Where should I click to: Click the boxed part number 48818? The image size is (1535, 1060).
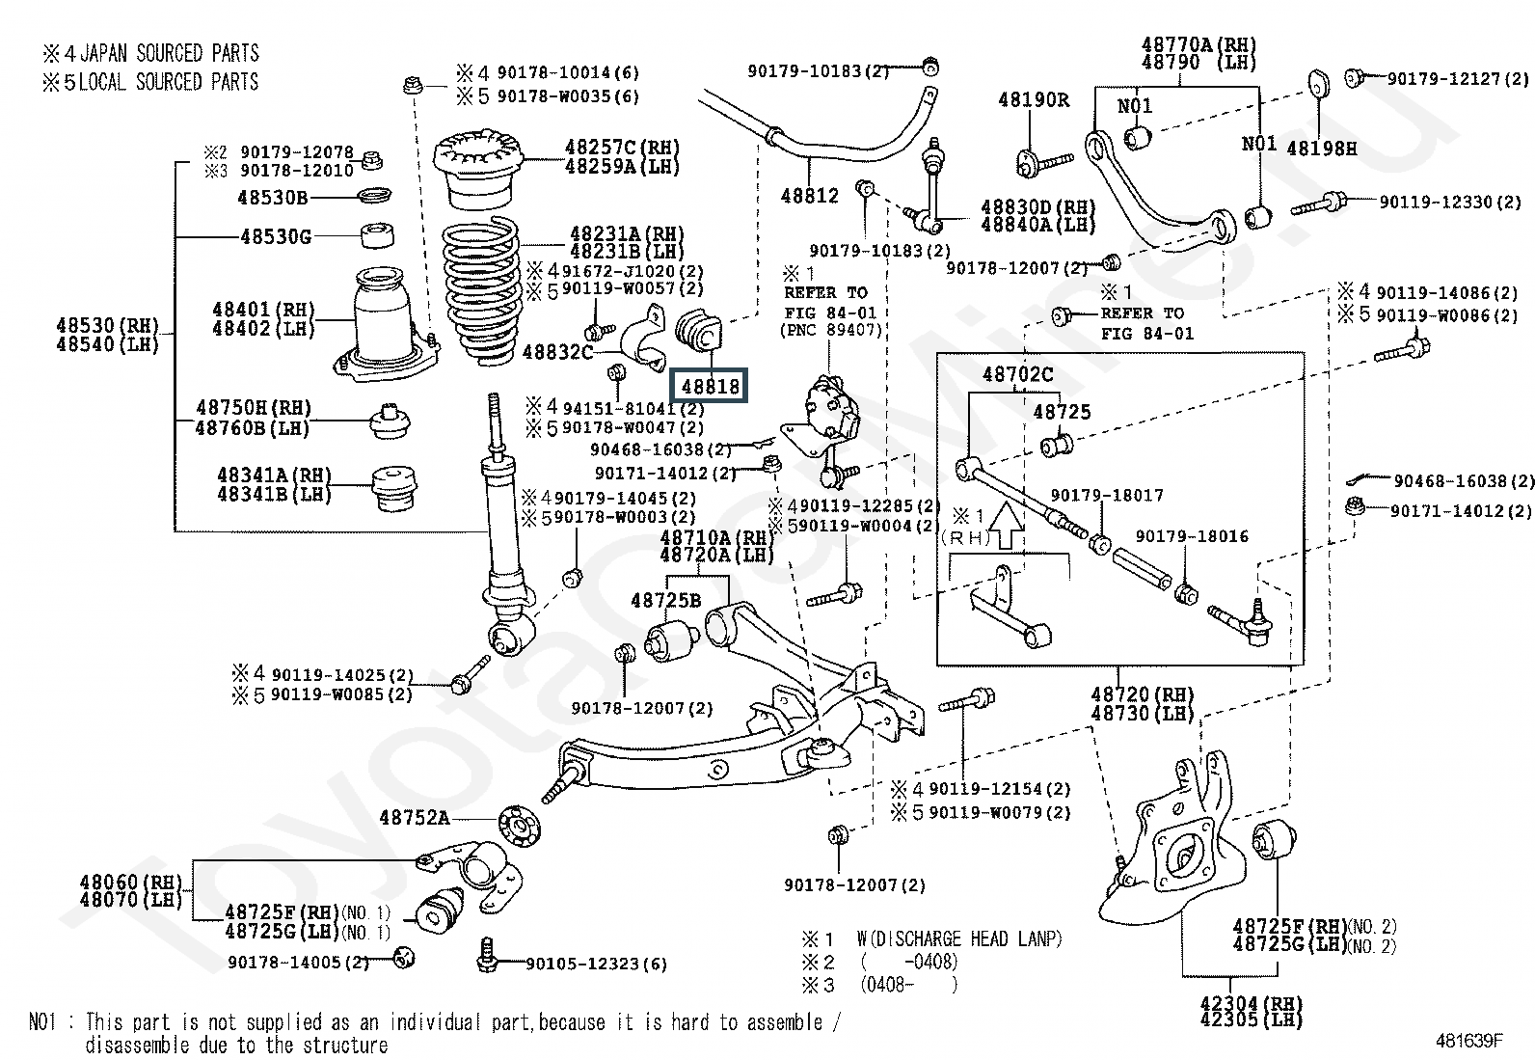tap(710, 386)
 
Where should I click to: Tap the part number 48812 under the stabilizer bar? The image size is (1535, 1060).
tap(809, 196)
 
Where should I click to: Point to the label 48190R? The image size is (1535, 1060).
tap(1034, 100)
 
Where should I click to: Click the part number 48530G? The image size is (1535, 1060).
tap(276, 237)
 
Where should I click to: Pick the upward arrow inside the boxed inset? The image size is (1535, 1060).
tap(1005, 526)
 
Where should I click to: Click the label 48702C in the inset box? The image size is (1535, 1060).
tap(1017, 374)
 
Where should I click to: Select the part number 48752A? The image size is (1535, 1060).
tap(415, 817)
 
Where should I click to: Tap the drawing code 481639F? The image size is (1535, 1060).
tap(1468, 1041)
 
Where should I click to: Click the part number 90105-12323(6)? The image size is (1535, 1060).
tap(596, 964)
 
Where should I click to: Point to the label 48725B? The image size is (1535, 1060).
tap(665, 601)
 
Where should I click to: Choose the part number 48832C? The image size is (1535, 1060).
tap(558, 352)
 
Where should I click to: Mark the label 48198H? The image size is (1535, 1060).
tap(1321, 149)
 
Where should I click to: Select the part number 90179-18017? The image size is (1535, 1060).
tap(1107, 495)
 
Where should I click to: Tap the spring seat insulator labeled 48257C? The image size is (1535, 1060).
tap(478, 169)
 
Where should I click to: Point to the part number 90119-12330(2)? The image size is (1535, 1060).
tap(1450, 203)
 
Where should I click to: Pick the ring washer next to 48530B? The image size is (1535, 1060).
tap(375, 195)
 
